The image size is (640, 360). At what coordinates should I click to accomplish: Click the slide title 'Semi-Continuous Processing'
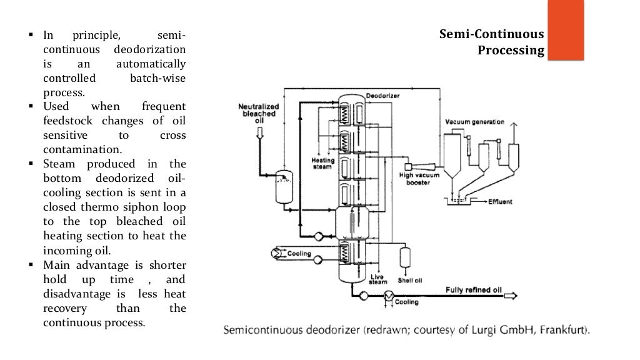coord(491,42)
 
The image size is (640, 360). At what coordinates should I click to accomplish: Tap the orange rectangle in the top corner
coord(565,30)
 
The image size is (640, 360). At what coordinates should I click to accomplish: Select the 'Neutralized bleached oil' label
coord(258,113)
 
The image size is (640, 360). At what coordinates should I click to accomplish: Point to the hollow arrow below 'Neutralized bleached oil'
coord(258,132)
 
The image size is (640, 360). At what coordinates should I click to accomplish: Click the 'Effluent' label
coord(500,202)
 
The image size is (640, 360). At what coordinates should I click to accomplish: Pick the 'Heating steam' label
coord(322,164)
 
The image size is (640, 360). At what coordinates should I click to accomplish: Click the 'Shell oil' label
coord(409,281)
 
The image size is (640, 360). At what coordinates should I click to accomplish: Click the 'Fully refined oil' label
coord(473,289)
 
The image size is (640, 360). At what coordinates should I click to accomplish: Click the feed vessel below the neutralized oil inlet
coord(284,186)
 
